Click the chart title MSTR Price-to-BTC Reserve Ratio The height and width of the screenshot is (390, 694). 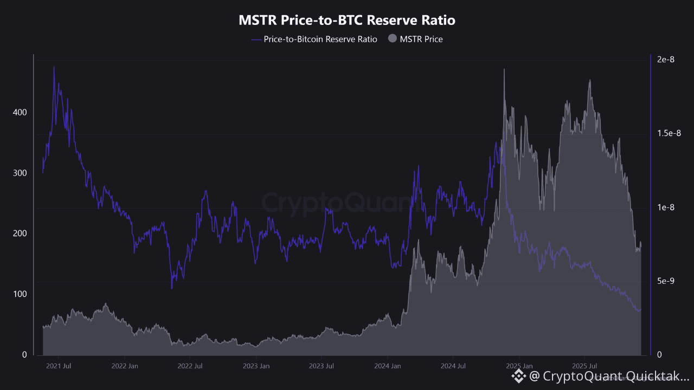tap(347, 21)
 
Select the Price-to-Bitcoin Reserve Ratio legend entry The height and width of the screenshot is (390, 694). tap(314, 39)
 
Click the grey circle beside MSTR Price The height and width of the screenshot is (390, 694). tap(393, 38)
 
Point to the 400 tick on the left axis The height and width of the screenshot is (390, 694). tap(20, 113)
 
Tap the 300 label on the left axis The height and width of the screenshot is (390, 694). tap(20, 173)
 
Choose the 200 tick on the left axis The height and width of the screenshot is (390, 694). tap(20, 233)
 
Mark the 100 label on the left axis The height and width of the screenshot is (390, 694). tap(20, 294)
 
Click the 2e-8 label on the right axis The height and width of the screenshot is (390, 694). tap(665, 60)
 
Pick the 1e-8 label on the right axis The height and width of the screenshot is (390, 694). tap(665, 207)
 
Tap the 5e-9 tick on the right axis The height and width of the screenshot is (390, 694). tap(665, 281)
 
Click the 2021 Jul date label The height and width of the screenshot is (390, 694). tap(58, 366)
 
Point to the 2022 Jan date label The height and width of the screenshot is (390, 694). tap(125, 366)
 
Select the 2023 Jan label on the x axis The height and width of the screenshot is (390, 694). tap(256, 366)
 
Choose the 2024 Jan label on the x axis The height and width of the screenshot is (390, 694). tap(388, 366)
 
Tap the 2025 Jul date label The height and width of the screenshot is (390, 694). tap(584, 366)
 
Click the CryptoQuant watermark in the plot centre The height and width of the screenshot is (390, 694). tap(336, 203)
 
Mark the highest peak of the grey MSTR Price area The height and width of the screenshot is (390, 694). tap(504, 69)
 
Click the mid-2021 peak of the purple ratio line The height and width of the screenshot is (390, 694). tap(54, 67)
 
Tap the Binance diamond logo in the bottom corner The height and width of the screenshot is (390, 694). tap(519, 375)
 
